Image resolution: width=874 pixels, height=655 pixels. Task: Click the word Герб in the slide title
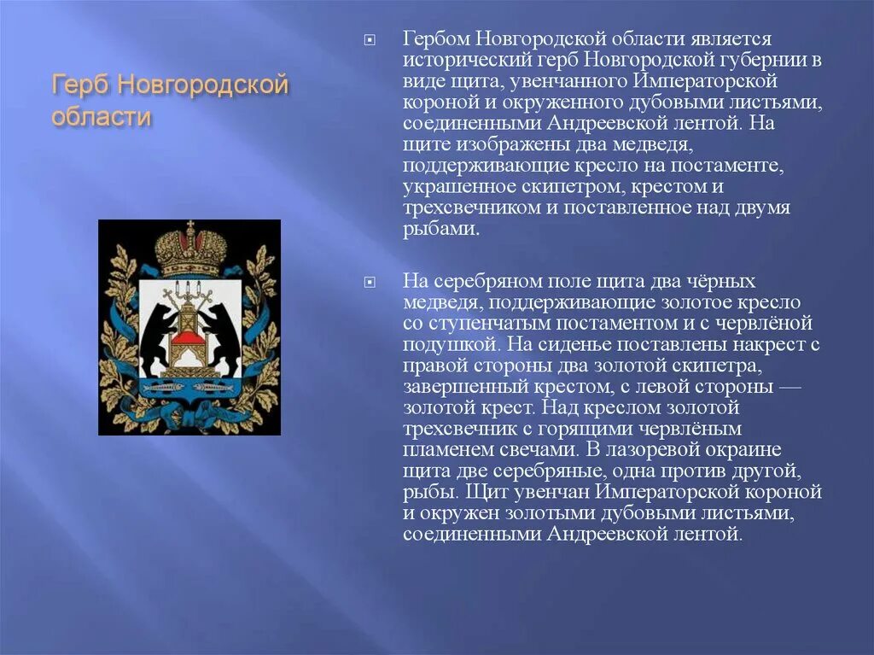79,86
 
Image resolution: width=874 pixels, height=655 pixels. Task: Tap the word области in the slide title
102,117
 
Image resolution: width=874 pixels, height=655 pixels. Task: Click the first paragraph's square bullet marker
369,40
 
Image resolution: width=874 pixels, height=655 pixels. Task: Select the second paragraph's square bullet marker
369,282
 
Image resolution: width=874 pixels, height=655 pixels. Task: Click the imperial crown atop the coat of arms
190,249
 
